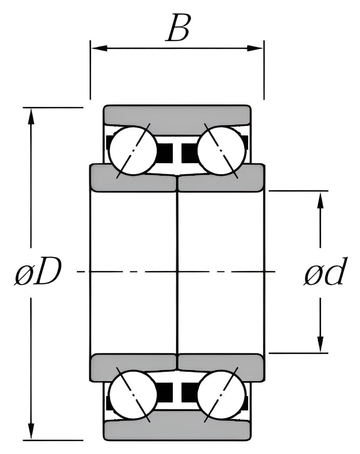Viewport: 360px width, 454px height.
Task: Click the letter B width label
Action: click(x=178, y=28)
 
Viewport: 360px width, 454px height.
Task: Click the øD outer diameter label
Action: click(x=38, y=271)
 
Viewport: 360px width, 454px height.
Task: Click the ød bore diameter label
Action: click(x=325, y=271)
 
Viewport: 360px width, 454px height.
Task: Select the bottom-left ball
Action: click(x=133, y=394)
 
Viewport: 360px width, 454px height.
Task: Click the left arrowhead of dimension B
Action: click(x=99, y=48)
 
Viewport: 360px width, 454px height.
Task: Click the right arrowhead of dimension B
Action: click(x=255, y=48)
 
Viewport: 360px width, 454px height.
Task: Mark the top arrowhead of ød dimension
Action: click(x=320, y=200)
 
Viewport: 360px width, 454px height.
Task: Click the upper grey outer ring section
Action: click(x=177, y=114)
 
